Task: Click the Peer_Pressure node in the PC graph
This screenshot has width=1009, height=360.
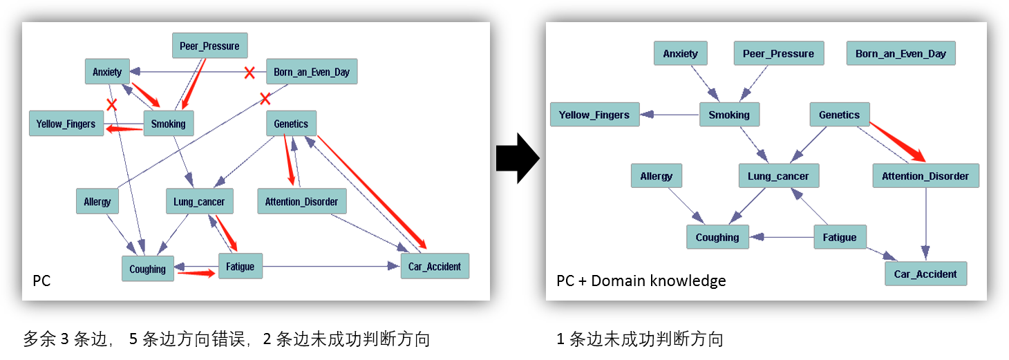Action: click(209, 46)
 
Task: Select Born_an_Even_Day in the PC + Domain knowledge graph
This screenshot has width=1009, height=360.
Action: click(900, 54)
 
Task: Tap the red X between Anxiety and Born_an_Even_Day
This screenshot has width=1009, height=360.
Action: click(249, 73)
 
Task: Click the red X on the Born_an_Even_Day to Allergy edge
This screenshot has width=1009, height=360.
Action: click(264, 98)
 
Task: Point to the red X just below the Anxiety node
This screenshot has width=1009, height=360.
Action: click(111, 104)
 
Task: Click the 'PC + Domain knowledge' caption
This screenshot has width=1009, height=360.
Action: click(641, 281)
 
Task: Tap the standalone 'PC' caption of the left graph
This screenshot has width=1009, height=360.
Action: click(41, 281)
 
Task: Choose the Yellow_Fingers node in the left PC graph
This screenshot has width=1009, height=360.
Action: click(66, 124)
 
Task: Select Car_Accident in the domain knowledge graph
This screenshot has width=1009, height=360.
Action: click(925, 274)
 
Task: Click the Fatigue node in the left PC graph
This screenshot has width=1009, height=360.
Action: click(241, 267)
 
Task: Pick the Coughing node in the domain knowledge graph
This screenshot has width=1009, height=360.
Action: click(717, 237)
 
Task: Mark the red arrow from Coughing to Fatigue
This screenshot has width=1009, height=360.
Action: click(196, 273)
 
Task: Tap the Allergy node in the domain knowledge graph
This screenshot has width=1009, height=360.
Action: click(656, 176)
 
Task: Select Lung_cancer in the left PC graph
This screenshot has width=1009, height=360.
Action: click(200, 201)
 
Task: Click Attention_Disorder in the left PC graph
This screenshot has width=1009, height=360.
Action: click(301, 201)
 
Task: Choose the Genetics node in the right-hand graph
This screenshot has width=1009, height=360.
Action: click(839, 115)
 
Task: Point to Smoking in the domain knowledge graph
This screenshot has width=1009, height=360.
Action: click(729, 115)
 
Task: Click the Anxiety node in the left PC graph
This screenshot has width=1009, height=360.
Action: click(107, 71)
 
